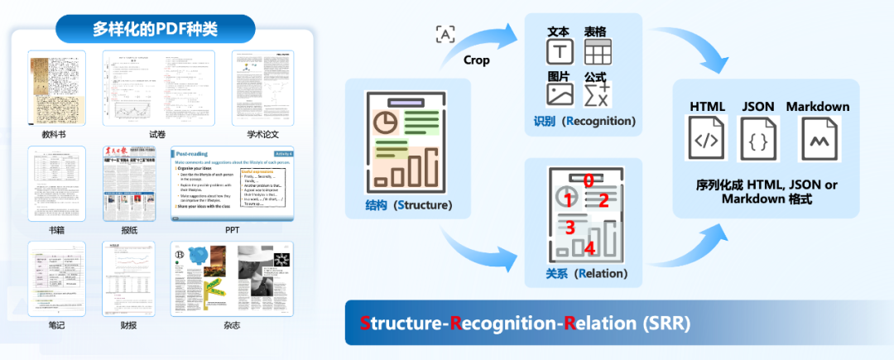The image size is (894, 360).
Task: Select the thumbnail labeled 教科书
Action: pyautogui.click(x=57, y=88)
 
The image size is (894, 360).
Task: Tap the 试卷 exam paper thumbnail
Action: pyautogui.click(x=158, y=88)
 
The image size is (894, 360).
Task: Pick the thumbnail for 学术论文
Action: pyautogui.click(x=263, y=88)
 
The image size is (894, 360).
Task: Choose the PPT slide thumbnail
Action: pyautogui.click(x=233, y=184)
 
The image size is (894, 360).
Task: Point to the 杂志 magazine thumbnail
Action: pyautogui.click(x=233, y=279)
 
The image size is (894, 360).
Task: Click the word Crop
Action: pyautogui.click(x=476, y=60)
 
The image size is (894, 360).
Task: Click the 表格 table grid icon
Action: pyautogui.click(x=597, y=52)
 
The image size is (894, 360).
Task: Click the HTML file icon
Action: pyautogui.click(x=706, y=138)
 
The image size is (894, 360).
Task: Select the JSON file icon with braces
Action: pyautogui.click(x=757, y=138)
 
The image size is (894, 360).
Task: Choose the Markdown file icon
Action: pyautogui.click(x=818, y=138)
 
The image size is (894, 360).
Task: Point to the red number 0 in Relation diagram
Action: pyautogui.click(x=588, y=180)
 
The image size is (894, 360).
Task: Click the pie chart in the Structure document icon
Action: pyautogui.click(x=385, y=122)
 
